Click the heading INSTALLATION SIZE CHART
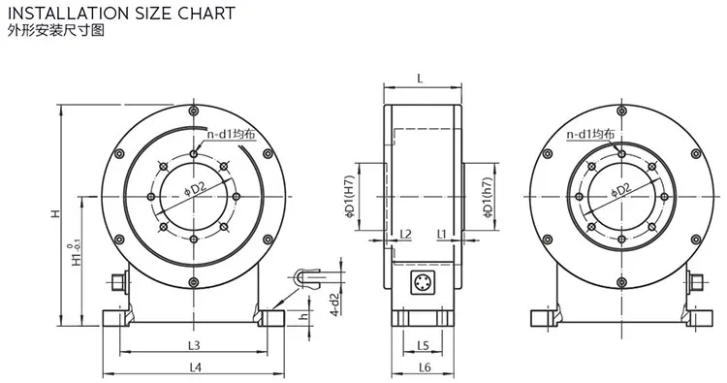point(121,13)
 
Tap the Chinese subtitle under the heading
point(56,31)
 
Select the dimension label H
point(55,213)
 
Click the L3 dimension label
point(194,345)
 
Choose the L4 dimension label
point(196,367)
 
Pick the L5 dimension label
point(423,345)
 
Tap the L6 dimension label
point(425,367)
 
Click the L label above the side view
point(421,78)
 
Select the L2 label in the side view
point(405,234)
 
